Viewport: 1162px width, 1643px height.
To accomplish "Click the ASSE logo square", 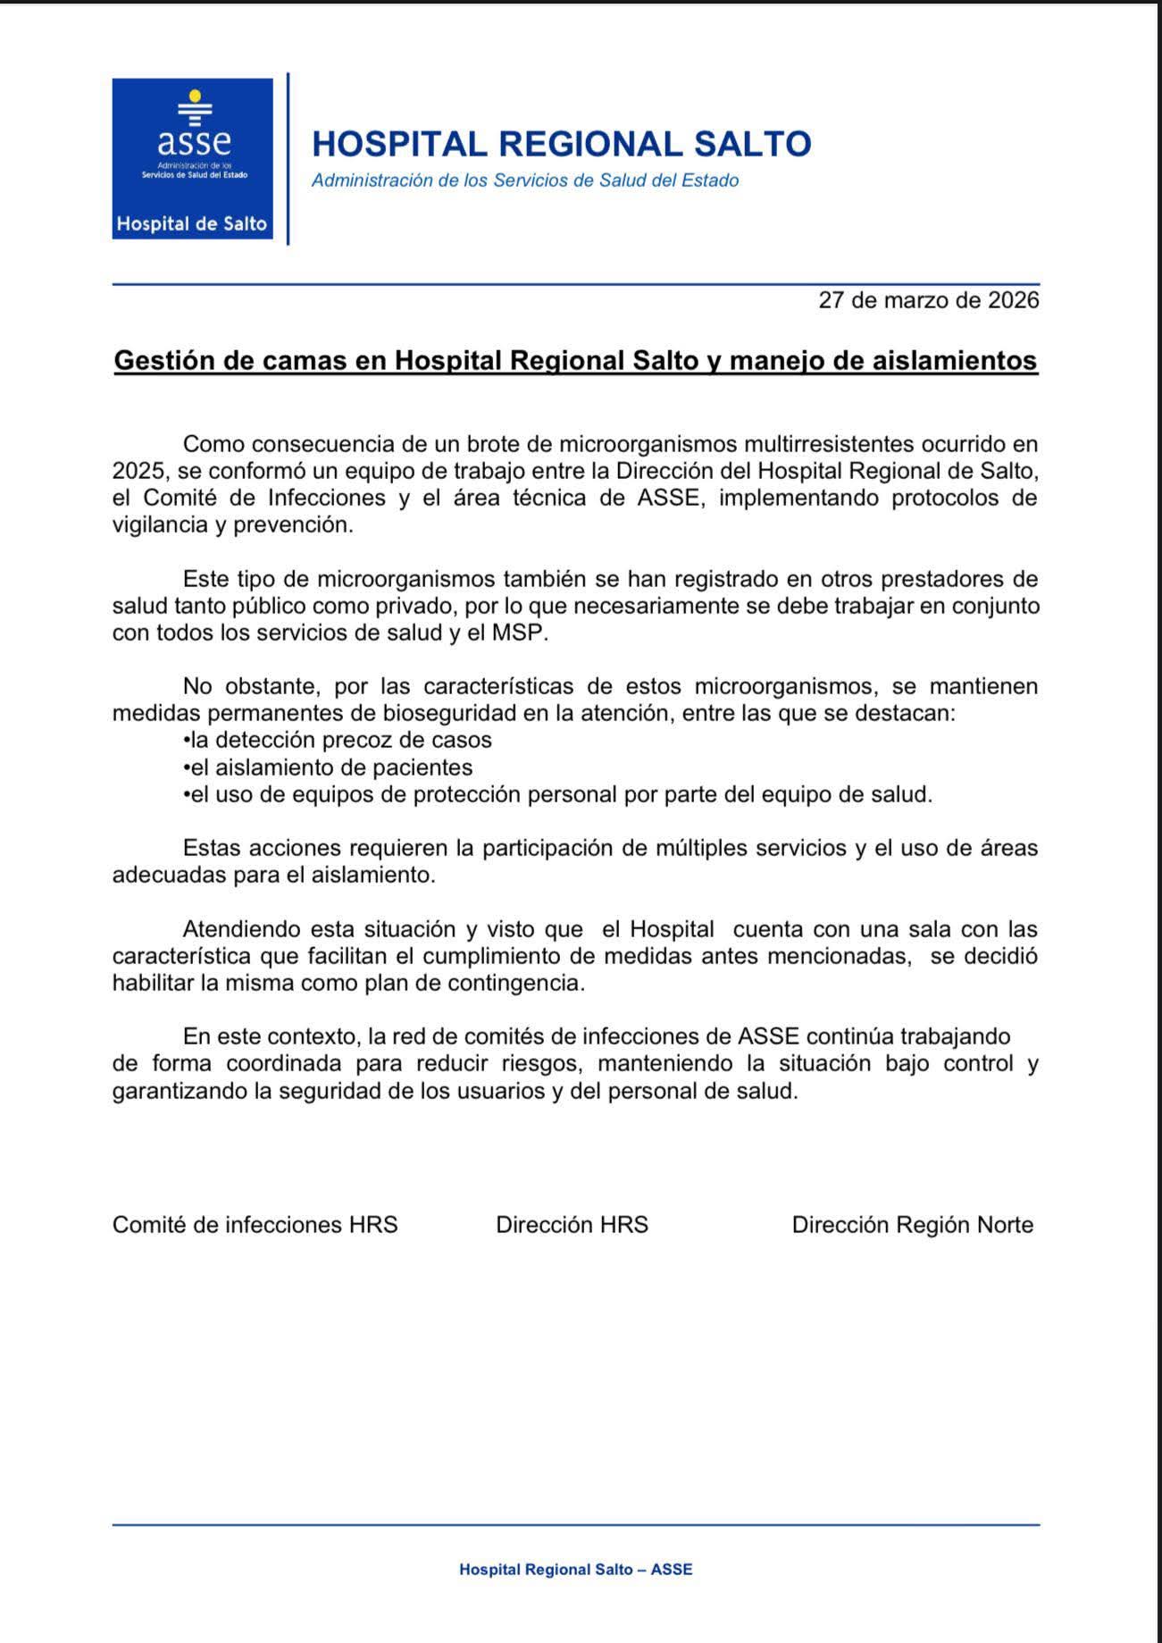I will tap(192, 158).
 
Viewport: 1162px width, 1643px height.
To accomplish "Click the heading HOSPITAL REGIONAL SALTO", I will tap(561, 144).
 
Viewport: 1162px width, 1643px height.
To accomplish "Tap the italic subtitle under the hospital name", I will tap(525, 180).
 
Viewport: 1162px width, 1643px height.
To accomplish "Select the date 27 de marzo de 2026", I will tap(928, 300).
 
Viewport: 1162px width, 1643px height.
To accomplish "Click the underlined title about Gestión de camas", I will tap(575, 360).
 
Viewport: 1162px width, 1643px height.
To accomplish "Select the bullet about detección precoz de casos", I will tap(338, 741).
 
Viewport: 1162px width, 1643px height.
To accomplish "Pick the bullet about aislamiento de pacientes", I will tap(328, 767).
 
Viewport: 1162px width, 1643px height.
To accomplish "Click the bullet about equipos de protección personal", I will tap(557, 794).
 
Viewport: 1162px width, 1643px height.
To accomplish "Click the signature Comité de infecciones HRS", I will tap(255, 1225).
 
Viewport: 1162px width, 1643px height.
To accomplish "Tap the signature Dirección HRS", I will tap(572, 1225).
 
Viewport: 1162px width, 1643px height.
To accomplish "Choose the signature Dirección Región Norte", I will tap(912, 1225).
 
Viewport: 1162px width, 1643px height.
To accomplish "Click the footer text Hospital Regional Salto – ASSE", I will tap(575, 1570).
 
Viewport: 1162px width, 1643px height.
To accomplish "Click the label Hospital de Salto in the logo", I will tap(192, 223).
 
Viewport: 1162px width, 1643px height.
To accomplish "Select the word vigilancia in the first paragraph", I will tap(160, 524).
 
